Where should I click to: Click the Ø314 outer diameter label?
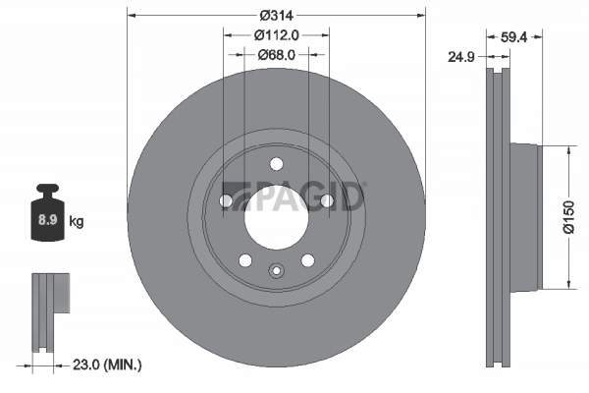[276, 16]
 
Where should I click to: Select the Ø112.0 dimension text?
[276, 34]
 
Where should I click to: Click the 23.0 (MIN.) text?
[109, 365]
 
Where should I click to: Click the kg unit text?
[77, 222]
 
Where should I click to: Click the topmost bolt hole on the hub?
[276, 163]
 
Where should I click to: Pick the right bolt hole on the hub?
[327, 201]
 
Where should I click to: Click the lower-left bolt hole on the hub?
[244, 260]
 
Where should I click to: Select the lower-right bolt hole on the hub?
[307, 260]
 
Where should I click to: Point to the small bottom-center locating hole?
[276, 273]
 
